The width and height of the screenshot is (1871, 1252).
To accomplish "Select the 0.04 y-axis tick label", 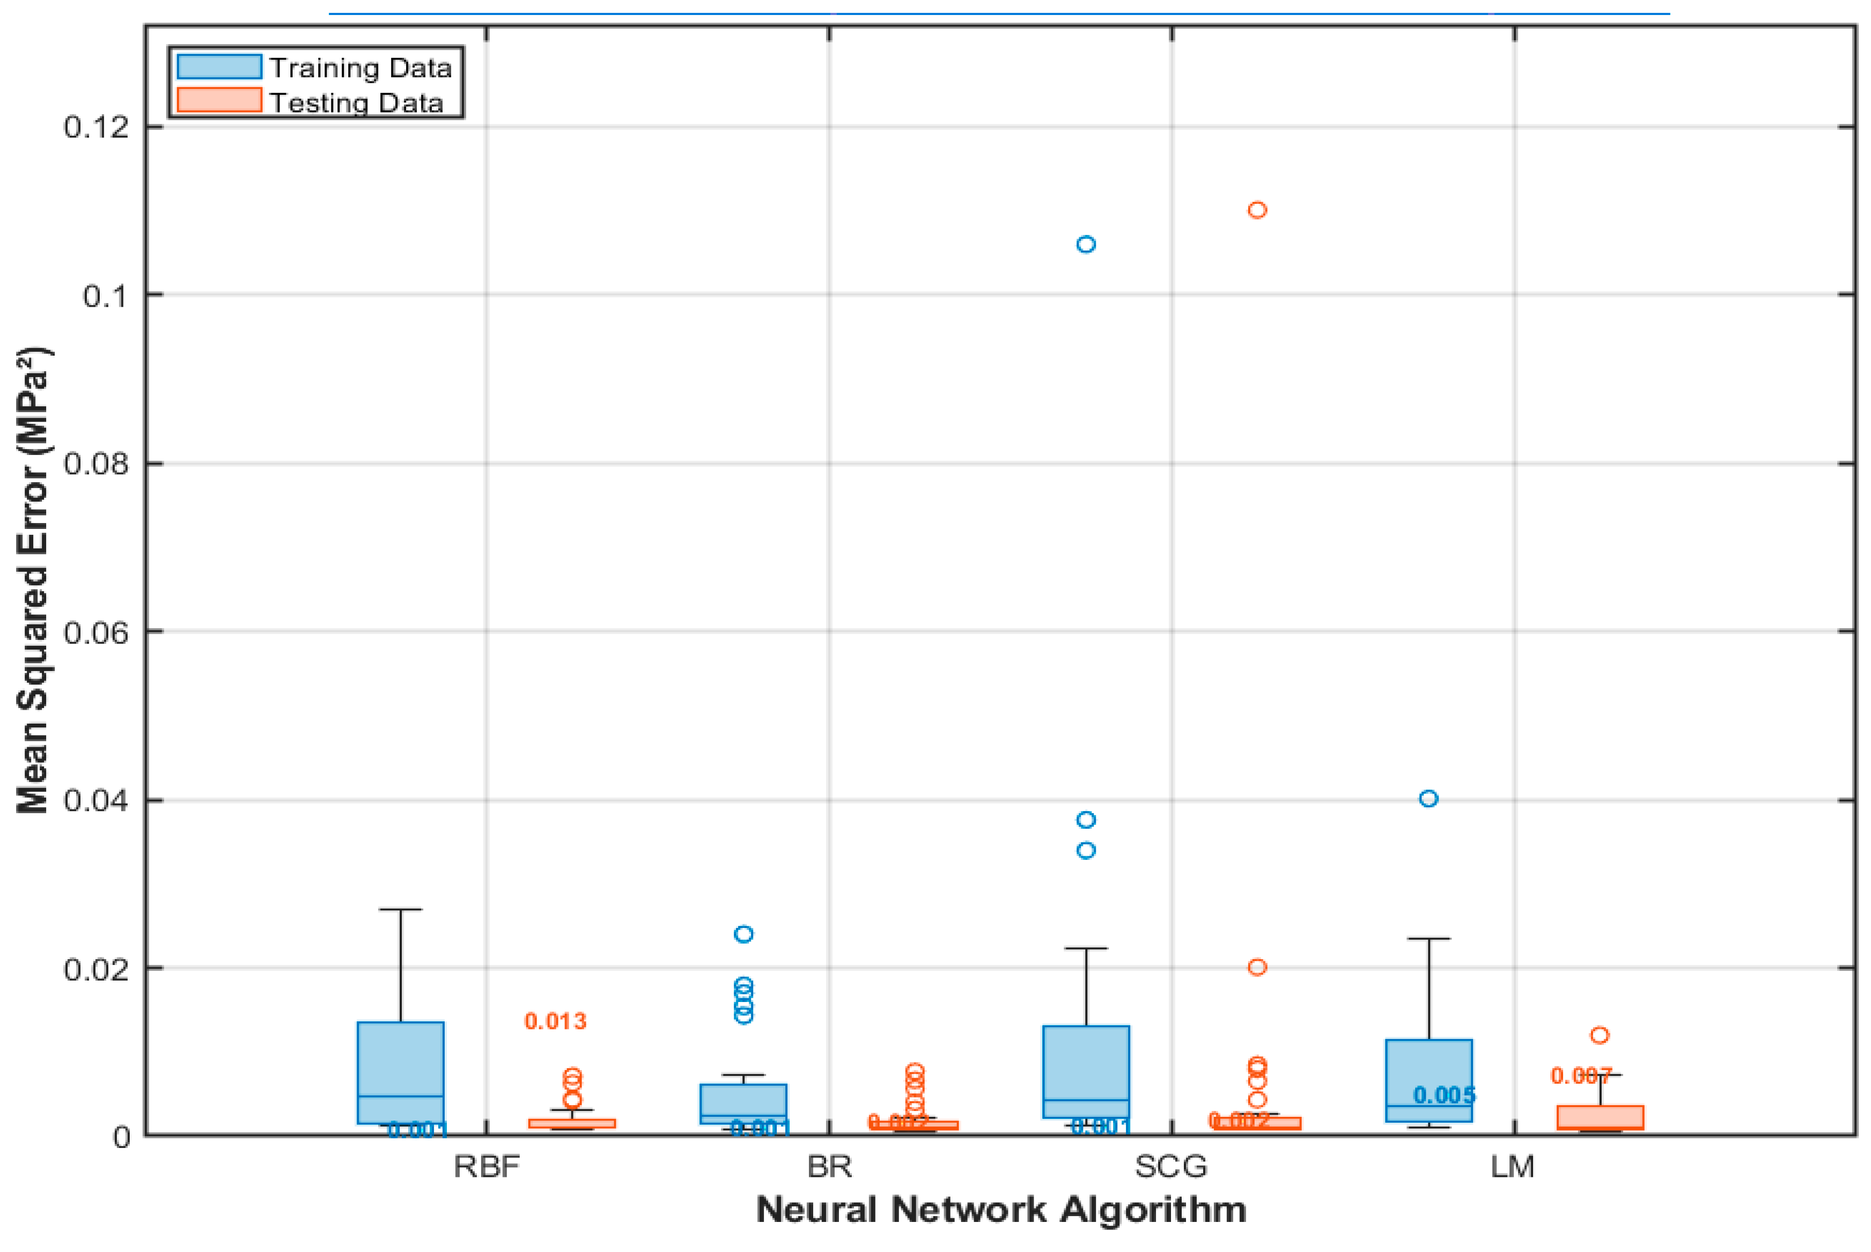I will (96, 800).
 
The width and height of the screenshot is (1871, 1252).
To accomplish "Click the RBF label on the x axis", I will (486, 1167).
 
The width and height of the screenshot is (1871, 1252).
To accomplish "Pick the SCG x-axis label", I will (1171, 1167).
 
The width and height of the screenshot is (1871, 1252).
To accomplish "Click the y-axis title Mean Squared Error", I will (33, 580).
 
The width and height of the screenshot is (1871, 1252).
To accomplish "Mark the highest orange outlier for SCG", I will (1257, 210).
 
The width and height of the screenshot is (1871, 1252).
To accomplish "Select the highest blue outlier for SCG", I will (1086, 244).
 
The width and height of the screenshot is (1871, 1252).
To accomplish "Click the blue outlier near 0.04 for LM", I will (1428, 799).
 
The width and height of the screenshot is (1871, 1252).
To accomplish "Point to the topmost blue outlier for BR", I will (743, 934).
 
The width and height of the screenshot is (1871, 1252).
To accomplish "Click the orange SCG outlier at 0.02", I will (1257, 967).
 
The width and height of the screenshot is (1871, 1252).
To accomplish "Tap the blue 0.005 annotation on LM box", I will (1444, 1095).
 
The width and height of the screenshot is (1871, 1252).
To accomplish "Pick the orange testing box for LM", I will (1600, 1117).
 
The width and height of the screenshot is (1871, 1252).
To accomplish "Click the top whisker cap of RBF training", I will (401, 909).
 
